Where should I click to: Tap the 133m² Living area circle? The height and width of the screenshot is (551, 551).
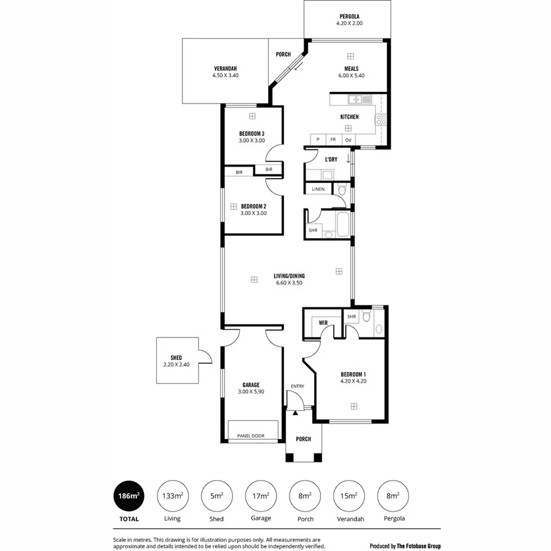click(x=172, y=496)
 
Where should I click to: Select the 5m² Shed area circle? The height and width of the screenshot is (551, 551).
click(x=217, y=496)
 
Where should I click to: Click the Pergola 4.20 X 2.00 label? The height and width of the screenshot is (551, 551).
click(x=350, y=20)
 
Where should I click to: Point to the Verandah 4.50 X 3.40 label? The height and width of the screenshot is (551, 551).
click(x=225, y=72)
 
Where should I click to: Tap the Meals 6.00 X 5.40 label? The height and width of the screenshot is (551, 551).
click(x=351, y=72)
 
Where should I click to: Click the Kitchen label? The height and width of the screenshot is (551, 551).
click(x=350, y=116)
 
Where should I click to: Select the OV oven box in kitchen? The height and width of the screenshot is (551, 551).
click(x=348, y=140)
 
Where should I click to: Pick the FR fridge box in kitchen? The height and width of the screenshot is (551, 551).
click(x=334, y=140)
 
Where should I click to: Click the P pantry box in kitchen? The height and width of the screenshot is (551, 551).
click(x=318, y=140)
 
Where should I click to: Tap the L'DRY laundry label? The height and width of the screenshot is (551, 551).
click(x=331, y=160)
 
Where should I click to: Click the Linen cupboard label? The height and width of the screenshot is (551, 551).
click(x=318, y=189)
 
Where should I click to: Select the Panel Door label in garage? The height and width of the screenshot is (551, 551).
click(x=251, y=436)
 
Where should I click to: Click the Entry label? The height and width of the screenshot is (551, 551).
click(x=298, y=386)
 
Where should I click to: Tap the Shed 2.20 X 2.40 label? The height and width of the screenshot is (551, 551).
click(x=176, y=361)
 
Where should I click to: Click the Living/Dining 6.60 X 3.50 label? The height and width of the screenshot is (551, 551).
click(x=289, y=279)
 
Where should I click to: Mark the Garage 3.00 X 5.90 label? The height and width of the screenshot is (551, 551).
click(x=251, y=388)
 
